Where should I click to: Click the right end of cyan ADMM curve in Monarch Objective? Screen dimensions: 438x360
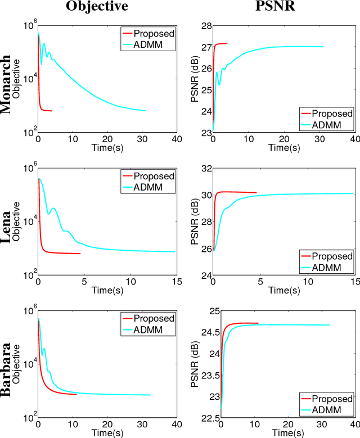coord(146,110)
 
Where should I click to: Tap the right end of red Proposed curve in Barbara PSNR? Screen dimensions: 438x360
coord(258,323)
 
